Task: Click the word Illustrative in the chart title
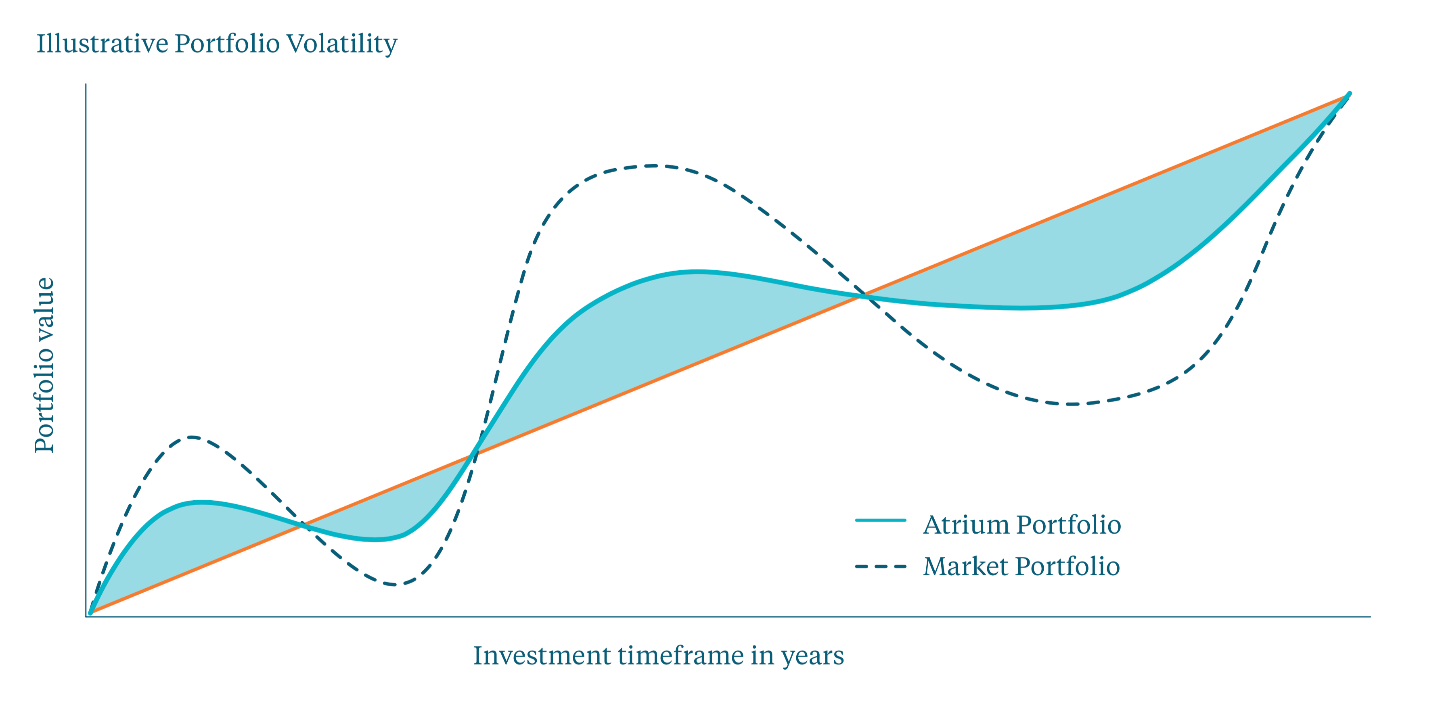click(102, 44)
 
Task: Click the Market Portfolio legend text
click(1021, 566)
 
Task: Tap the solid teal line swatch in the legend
click(881, 520)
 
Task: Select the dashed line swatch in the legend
click(881, 567)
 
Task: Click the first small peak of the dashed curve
click(192, 437)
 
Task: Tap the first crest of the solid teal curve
click(201, 502)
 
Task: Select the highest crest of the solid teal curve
click(696, 272)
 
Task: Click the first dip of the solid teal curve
click(376, 540)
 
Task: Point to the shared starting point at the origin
click(90, 612)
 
